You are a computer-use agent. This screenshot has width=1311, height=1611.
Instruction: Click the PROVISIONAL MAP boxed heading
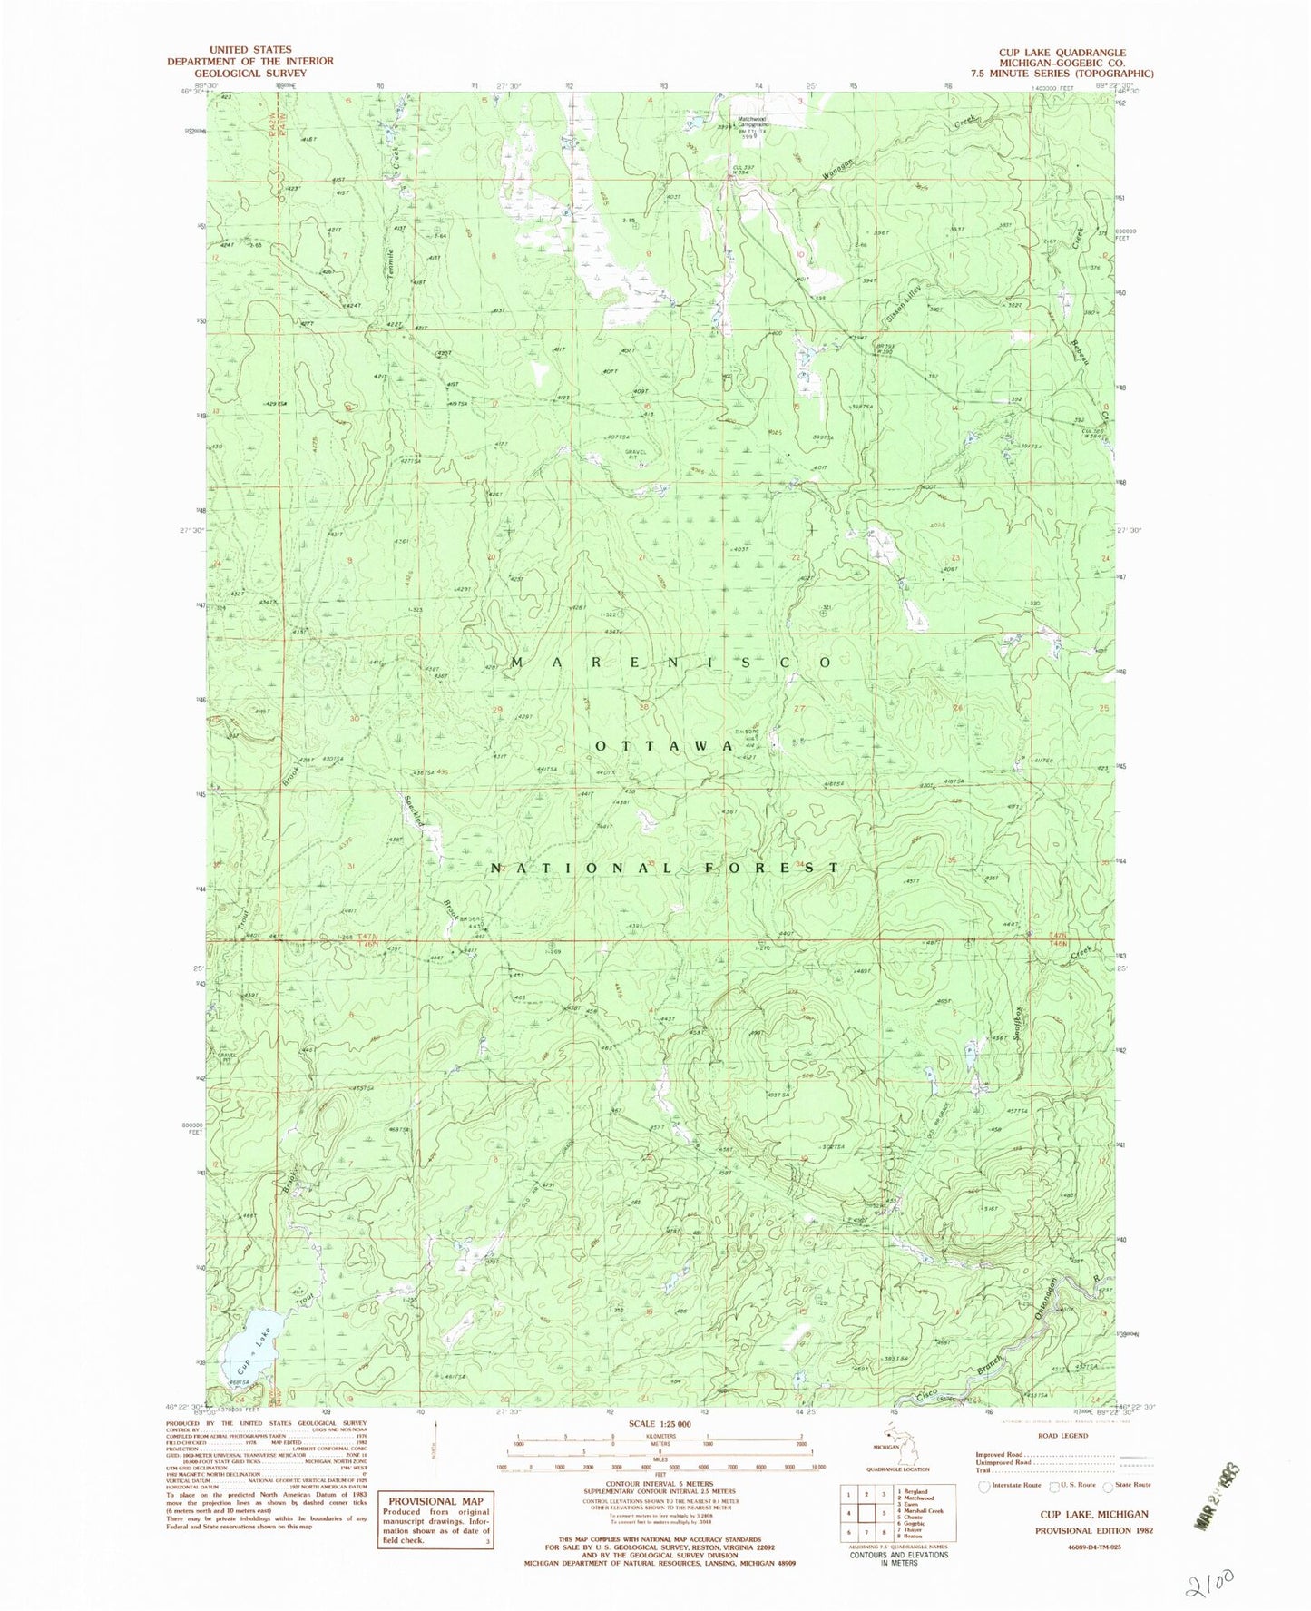point(435,1500)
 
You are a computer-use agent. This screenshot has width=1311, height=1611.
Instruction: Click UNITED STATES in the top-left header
point(249,50)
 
